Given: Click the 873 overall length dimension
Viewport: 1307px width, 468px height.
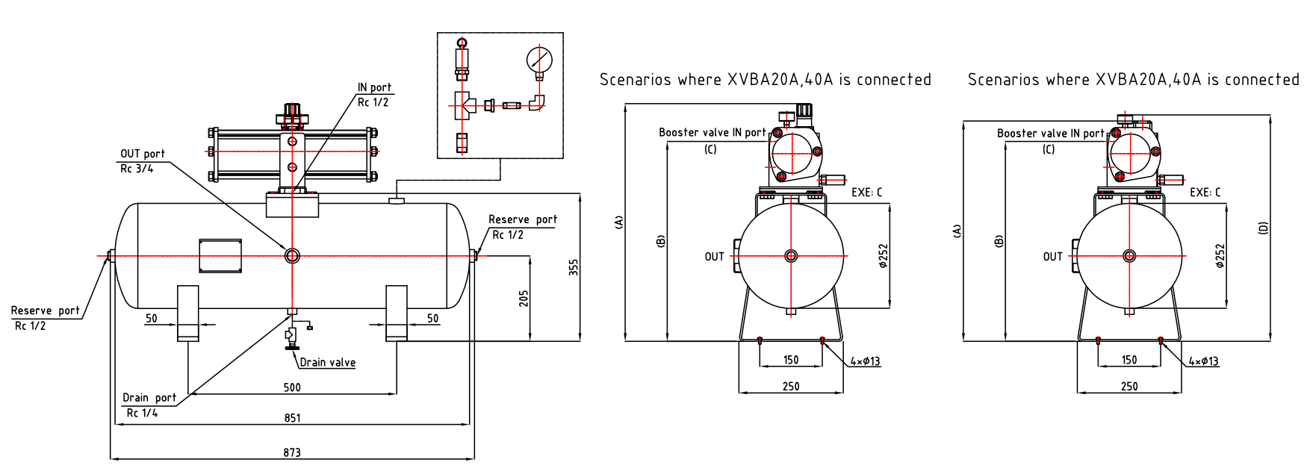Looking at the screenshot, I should pos(292,452).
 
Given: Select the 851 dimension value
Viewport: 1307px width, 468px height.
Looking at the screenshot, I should pos(292,418).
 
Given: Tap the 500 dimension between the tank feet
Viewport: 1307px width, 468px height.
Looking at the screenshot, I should pos(292,387).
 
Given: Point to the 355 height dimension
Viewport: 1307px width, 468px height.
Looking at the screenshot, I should pos(574,267).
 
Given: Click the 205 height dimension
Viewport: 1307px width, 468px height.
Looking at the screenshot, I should pos(524,299).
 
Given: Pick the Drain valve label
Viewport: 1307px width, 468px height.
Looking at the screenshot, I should pos(328,363).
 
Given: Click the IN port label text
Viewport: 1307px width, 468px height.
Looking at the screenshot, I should pos(374,87).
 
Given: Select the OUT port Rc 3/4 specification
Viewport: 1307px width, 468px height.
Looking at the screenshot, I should pos(137,169).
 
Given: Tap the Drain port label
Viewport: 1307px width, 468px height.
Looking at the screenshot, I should pos(149,398).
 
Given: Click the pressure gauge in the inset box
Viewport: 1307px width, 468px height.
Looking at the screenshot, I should pos(539,59).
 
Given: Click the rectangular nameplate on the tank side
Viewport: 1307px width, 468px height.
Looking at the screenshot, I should pos(220,256).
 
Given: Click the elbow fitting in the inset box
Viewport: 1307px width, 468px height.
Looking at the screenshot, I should pos(538,103).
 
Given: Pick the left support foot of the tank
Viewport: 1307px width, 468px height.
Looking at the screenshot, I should pos(187,313).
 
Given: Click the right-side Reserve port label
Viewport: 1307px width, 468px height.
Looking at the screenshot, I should pos(523,219).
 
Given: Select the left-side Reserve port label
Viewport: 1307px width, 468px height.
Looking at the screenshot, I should pos(45,311).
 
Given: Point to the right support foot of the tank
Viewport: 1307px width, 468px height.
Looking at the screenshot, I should pos(396,313).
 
